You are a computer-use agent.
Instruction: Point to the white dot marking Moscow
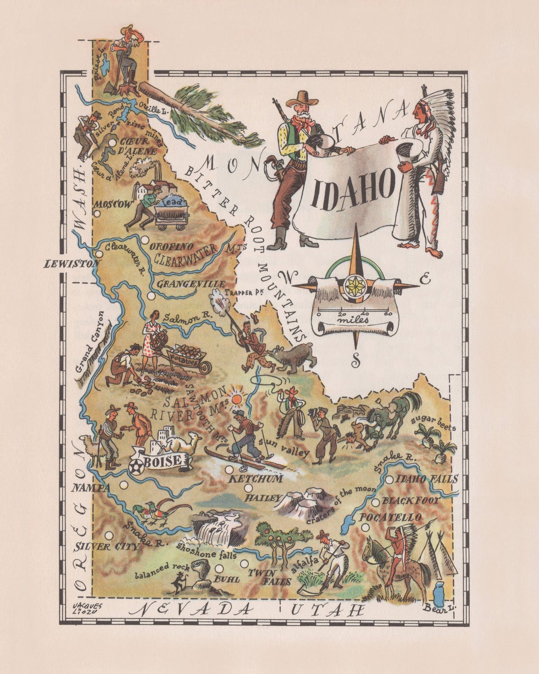coord(97,213)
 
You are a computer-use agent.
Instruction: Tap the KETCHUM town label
coord(256,479)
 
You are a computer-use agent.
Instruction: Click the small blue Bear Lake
coord(438,592)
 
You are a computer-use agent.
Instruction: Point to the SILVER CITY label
coord(107,547)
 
